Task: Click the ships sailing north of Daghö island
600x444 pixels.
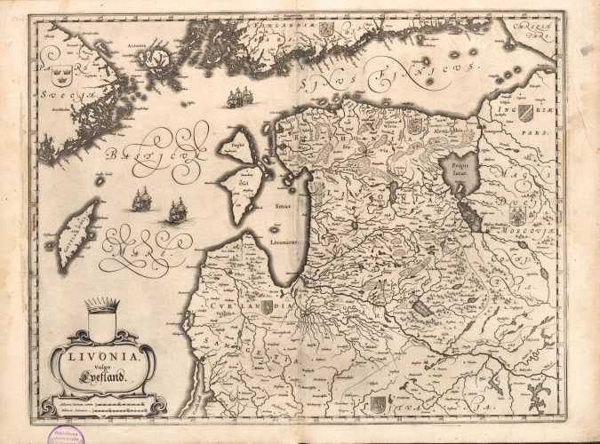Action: pyautogui.click(x=238, y=97)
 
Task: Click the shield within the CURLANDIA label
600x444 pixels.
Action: pyautogui.click(x=260, y=307)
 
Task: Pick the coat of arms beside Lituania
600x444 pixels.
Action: pyautogui.click(x=378, y=402)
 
